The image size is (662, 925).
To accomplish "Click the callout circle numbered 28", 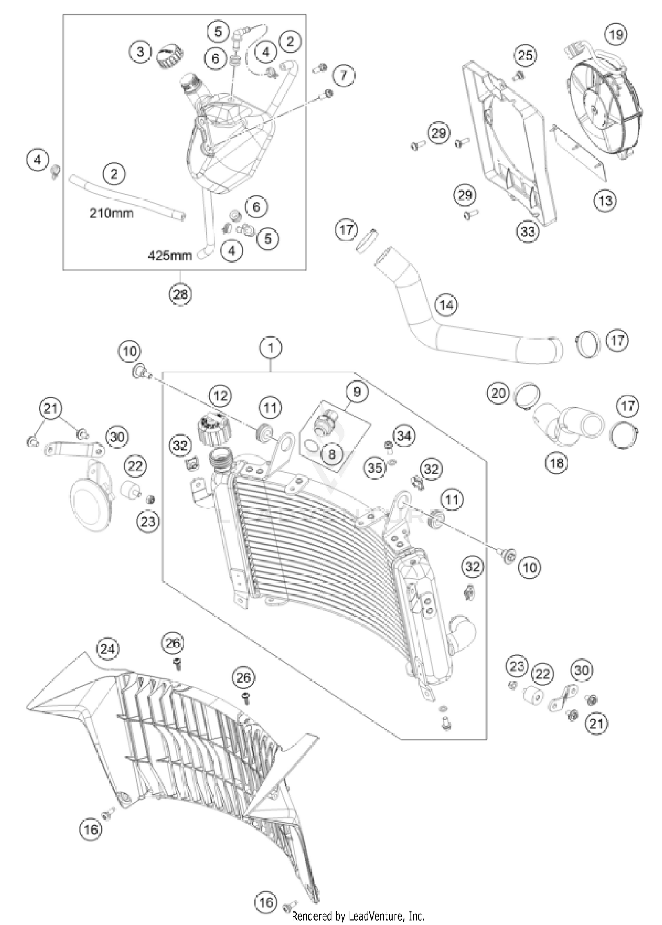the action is click(181, 294).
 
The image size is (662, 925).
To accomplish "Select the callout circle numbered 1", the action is click(271, 348).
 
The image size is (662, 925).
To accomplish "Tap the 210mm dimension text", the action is click(111, 214).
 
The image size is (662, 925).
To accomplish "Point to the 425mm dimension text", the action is click(169, 256).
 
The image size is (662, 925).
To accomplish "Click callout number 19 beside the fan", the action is click(616, 34).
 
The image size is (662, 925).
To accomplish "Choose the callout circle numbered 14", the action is click(446, 305).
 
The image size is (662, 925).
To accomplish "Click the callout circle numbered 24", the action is click(108, 649).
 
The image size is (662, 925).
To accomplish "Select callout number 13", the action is click(605, 201).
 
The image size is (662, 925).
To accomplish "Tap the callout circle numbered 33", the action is click(528, 231).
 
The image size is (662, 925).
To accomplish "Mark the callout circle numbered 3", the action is click(140, 52).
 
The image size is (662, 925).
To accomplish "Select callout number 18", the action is click(557, 463).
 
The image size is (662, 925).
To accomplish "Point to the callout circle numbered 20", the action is click(498, 393).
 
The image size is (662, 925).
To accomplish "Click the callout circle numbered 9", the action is click(357, 391).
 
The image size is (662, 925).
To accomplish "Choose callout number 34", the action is click(404, 436).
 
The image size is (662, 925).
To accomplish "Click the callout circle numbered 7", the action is click(343, 75).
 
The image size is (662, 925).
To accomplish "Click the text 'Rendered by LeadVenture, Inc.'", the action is click(358, 916).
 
